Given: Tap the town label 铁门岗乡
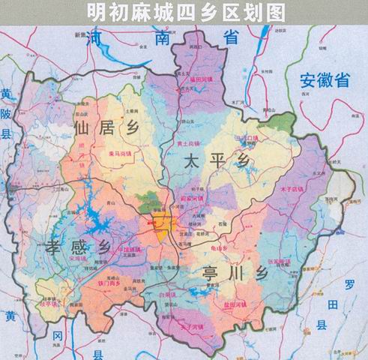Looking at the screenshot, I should [112, 284].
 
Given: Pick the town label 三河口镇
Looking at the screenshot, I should [245, 139].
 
